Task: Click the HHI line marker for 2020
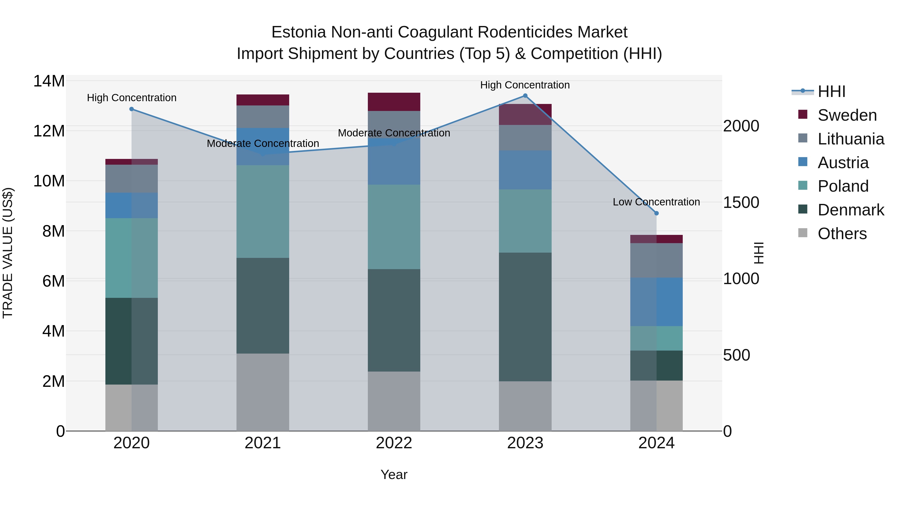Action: [x=132, y=109]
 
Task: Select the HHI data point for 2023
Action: [x=525, y=96]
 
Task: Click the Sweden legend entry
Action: [x=847, y=115]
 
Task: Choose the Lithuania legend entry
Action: [x=851, y=139]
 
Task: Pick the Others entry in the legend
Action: [x=842, y=234]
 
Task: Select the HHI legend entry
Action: [x=831, y=91]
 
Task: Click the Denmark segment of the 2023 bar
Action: [x=525, y=317]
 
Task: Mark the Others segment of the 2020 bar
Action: [x=132, y=408]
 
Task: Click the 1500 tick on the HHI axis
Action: [x=741, y=203]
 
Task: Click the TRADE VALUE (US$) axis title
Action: [x=8, y=253]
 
